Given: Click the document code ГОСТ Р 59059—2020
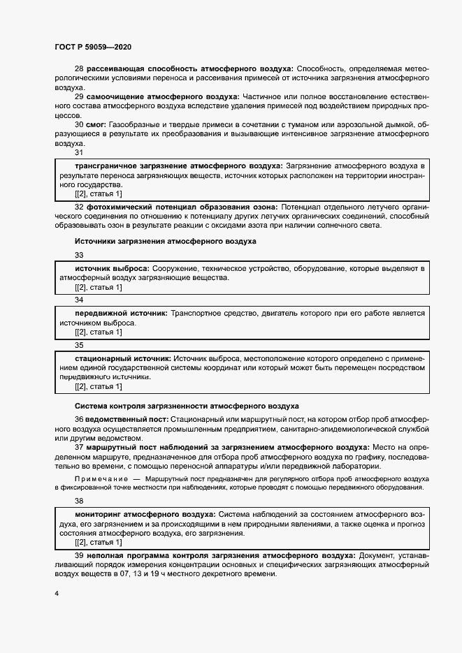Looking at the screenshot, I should click(92, 47).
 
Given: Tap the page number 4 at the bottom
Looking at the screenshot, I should click(57, 593).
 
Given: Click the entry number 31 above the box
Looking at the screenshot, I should click(79, 152).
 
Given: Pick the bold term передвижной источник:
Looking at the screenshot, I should click(121, 314).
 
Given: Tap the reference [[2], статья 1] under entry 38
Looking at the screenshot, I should click(98, 542).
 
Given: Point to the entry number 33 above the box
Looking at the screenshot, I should click(79, 255).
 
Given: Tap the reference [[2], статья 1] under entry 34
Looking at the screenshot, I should click(98, 332).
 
